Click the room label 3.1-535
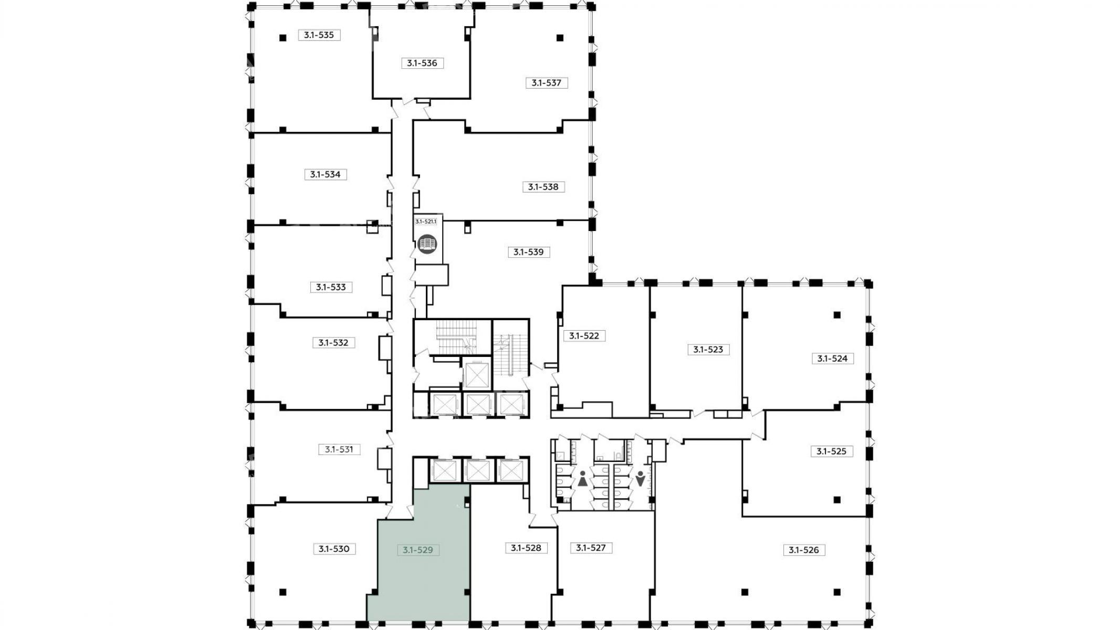319,35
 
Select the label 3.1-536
422,63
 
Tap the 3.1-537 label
547,82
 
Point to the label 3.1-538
543,187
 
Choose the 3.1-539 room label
529,252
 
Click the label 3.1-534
326,174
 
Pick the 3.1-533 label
331,287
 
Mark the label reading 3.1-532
333,343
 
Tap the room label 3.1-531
339,449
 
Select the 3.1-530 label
334,549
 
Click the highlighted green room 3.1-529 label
418,550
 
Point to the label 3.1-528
526,548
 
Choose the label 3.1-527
591,548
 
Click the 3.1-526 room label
804,550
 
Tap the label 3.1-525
832,451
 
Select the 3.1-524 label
833,359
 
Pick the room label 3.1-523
708,349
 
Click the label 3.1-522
584,335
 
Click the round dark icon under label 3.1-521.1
427,244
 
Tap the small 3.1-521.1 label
426,222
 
